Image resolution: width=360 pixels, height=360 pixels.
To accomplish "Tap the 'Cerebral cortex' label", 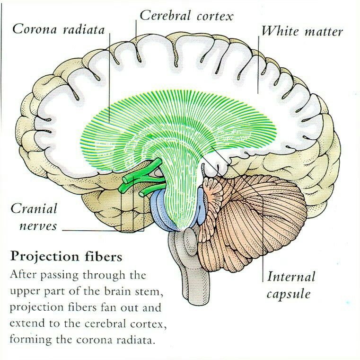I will tap(186, 16).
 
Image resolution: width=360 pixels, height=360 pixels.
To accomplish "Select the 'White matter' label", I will tap(302, 31).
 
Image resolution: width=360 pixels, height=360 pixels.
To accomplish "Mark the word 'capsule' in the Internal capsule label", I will tap(288, 294).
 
